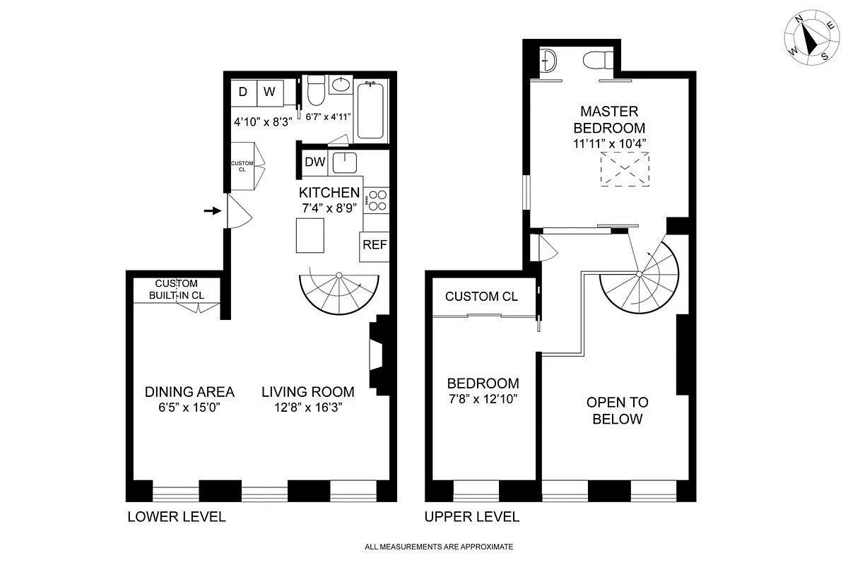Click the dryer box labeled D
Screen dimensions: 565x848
pyautogui.click(x=242, y=92)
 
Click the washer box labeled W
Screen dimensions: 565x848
pyautogui.click(x=270, y=92)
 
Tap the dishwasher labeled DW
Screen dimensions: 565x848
pyautogui.click(x=314, y=162)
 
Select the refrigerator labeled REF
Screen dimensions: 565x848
pyautogui.click(x=375, y=245)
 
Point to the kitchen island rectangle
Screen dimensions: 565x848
pyautogui.click(x=310, y=235)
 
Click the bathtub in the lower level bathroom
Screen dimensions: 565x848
pyautogui.click(x=371, y=111)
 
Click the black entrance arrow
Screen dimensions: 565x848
pyautogui.click(x=211, y=210)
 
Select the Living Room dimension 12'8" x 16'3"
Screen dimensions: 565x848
pyautogui.click(x=308, y=408)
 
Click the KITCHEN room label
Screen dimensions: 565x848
pyautogui.click(x=329, y=193)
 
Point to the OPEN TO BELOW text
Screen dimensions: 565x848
pyautogui.click(x=617, y=410)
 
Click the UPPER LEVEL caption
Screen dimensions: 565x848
pyautogui.click(x=471, y=517)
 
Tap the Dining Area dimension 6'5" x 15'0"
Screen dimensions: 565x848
pyautogui.click(x=189, y=408)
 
